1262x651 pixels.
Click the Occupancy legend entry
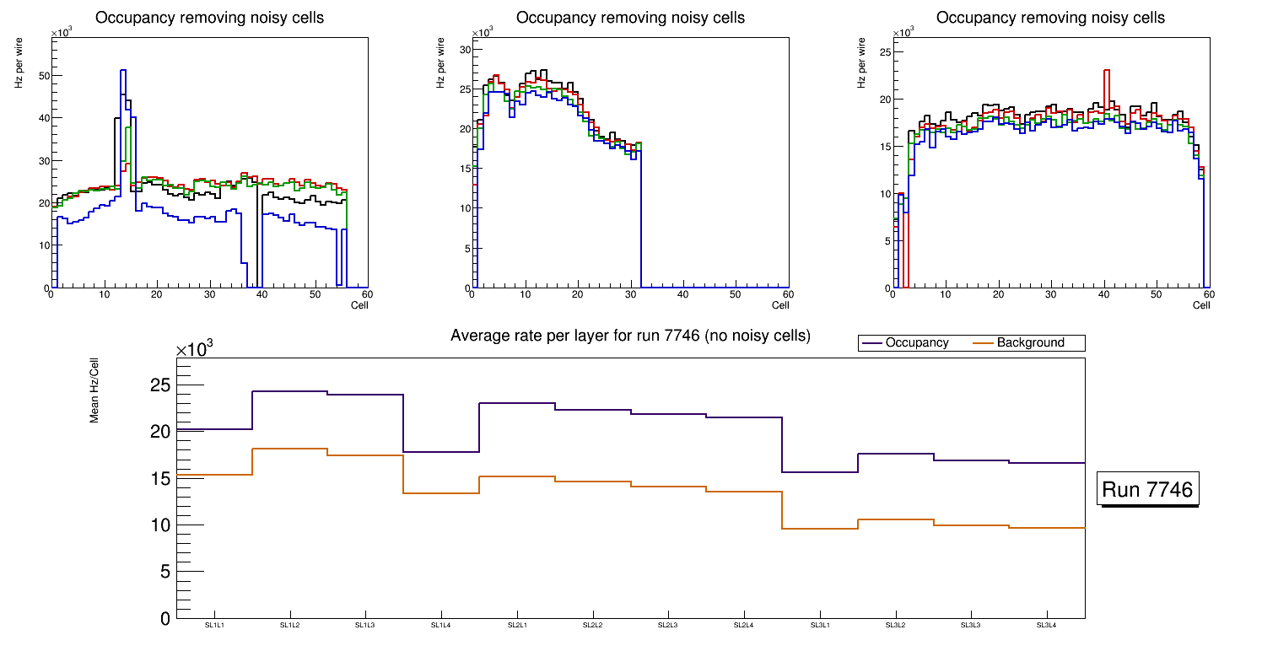(917, 343)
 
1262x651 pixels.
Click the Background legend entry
(1030, 343)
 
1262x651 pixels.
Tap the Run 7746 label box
(1147, 489)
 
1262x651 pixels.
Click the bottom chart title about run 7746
(630, 336)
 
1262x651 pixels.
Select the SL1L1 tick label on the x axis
(214, 625)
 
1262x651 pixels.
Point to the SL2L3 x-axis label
(668, 625)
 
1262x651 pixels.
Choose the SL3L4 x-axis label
(1046, 625)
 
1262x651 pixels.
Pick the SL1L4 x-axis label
(441, 625)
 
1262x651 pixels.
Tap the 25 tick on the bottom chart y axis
(159, 385)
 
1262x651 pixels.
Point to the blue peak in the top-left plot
(123, 71)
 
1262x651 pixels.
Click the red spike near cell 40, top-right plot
(1106, 71)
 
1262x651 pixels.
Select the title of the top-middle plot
(630, 18)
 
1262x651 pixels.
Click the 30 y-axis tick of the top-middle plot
(463, 50)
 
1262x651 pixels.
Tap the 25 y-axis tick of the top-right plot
(885, 52)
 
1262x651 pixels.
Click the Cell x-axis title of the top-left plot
(359, 305)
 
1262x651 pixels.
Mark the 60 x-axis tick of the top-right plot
(1208, 295)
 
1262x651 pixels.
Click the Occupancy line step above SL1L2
(289, 391)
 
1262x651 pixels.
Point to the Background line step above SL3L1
(820, 529)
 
